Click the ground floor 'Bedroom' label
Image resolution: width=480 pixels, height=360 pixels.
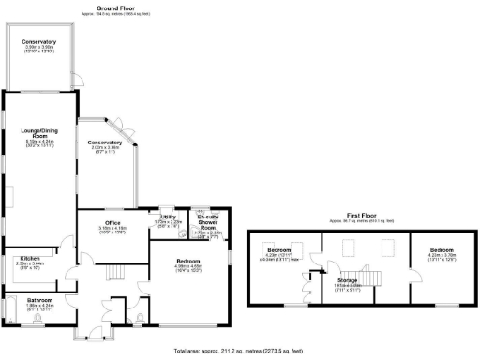tap(189, 263)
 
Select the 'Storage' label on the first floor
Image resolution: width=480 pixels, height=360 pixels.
tap(349, 280)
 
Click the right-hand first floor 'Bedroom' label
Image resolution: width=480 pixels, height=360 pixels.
tap(442, 250)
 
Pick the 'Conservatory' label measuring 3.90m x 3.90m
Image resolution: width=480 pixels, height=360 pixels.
tap(39, 42)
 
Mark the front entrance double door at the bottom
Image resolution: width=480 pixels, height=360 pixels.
tap(90, 334)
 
